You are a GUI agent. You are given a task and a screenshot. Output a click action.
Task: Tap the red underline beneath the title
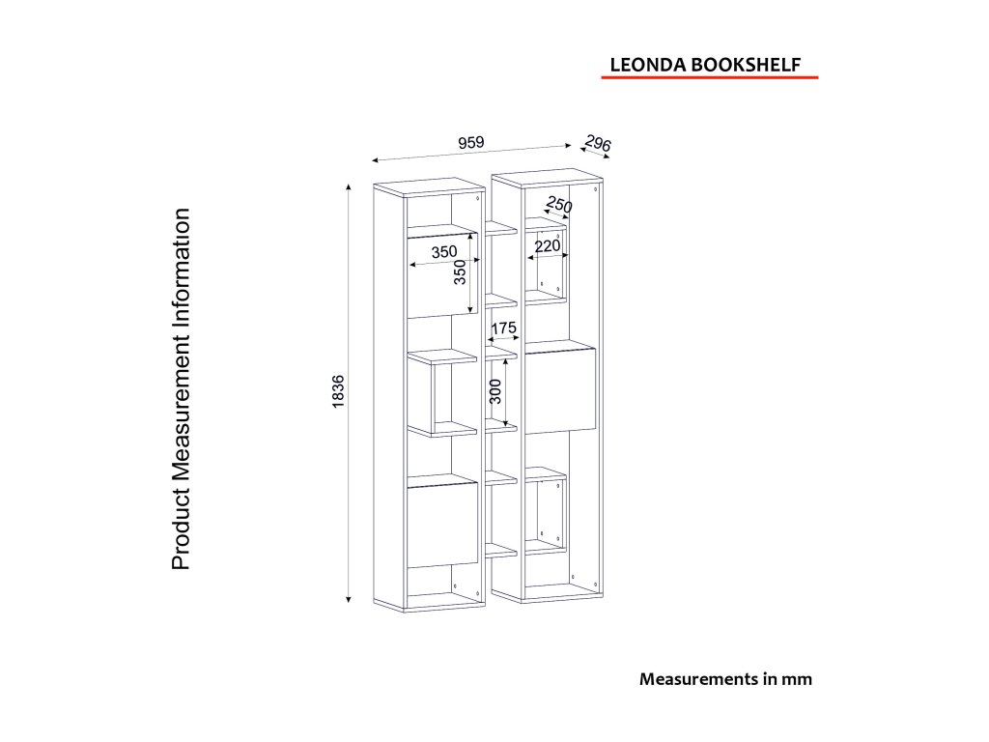click(709, 76)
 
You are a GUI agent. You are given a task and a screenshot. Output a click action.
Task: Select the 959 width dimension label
click(470, 142)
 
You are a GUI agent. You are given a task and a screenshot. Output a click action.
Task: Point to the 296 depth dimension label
click(598, 145)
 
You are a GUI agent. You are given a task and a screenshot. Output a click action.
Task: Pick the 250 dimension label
click(558, 206)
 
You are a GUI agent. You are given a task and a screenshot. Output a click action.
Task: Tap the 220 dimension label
click(547, 245)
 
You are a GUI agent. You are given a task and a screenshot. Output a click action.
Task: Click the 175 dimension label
click(503, 328)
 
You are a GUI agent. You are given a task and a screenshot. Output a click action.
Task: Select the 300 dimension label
click(495, 391)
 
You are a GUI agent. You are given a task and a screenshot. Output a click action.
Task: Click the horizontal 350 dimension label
click(444, 252)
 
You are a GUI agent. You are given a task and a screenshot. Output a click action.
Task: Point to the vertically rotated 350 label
click(461, 272)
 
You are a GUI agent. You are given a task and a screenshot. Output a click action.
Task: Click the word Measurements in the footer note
click(695, 679)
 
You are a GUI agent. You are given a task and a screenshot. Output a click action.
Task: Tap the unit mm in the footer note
click(797, 679)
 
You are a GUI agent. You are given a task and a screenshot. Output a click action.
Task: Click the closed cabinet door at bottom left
click(442, 527)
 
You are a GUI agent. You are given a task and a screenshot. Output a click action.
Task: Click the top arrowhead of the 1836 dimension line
click(348, 185)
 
